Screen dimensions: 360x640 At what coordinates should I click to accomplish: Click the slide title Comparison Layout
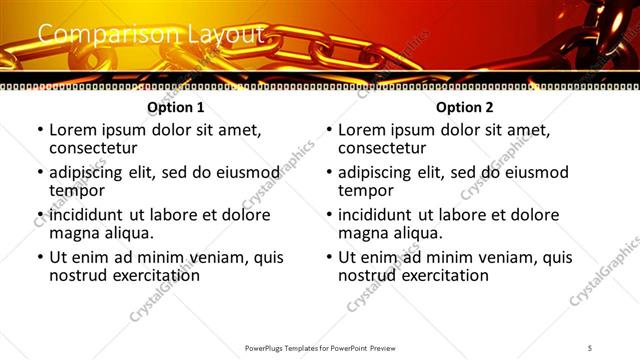tap(150, 36)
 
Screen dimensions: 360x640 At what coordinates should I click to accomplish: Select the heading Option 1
tap(176, 107)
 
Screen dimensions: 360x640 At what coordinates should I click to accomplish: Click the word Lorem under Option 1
tap(73, 130)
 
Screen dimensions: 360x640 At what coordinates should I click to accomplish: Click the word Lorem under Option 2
tap(362, 130)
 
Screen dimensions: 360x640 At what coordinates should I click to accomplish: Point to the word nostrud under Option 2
tap(367, 275)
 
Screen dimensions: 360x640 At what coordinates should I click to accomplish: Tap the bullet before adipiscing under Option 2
tap(328, 173)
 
